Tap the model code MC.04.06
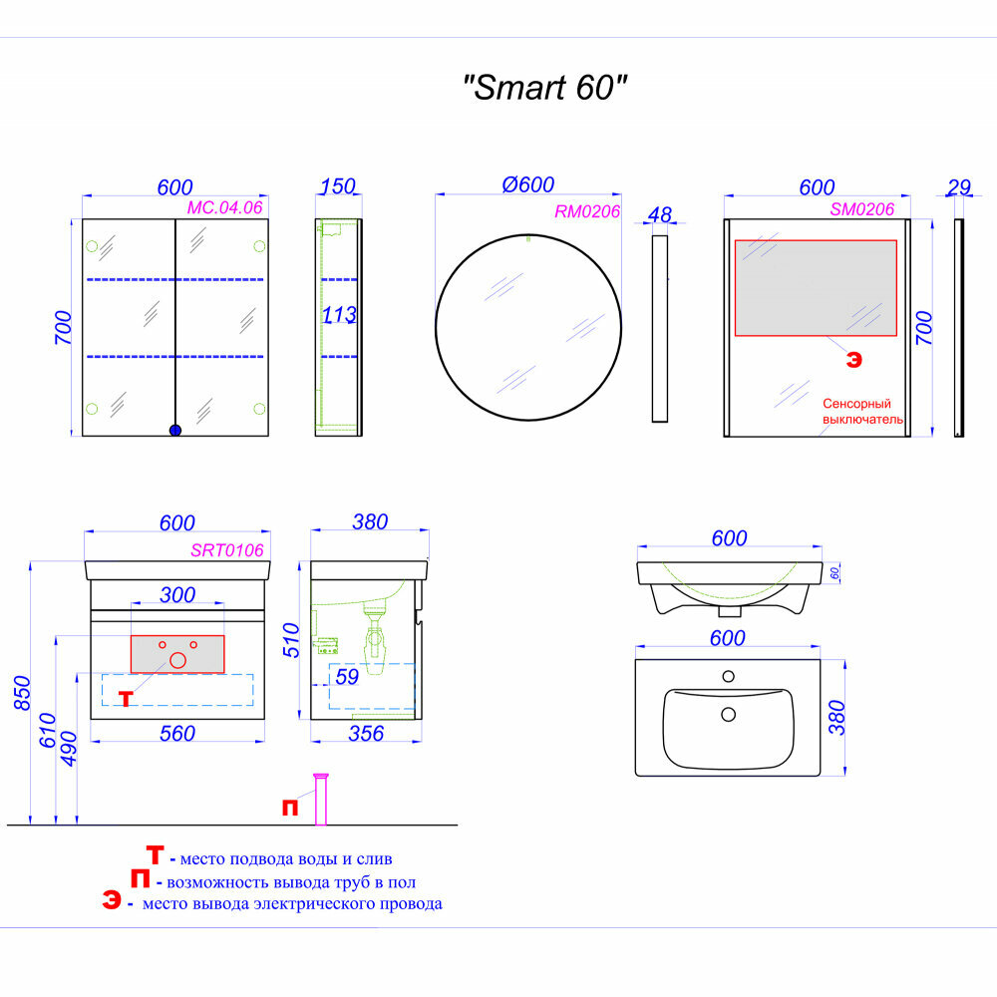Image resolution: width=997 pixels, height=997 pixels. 224,208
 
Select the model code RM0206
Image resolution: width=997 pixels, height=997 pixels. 587,210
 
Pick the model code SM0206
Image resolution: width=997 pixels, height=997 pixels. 862,208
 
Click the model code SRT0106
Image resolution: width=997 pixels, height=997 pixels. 226,549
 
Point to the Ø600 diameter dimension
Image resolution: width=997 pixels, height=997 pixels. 528,184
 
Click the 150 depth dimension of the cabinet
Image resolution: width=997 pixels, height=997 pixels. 338,187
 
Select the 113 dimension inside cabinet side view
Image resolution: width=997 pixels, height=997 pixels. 339,316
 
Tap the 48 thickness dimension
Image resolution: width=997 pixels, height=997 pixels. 659,214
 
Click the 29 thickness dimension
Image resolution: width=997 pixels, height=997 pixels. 959,187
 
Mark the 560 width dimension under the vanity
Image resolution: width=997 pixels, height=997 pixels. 177,734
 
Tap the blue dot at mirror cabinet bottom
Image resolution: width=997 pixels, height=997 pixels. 175,431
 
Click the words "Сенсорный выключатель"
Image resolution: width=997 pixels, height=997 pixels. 862,412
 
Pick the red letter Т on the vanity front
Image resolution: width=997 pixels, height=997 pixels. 126,698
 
